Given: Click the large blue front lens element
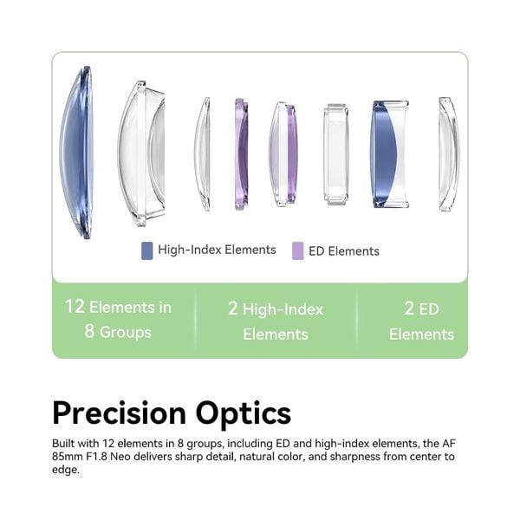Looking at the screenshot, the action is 75,153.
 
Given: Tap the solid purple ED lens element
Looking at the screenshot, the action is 241,154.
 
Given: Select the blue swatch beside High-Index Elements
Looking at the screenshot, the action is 147,250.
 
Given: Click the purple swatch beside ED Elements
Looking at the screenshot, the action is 298,251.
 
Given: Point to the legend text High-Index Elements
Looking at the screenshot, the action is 217,250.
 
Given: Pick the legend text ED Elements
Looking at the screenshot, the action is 344,251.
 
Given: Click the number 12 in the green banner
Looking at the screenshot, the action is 75,307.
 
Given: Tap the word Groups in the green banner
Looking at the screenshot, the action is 126,332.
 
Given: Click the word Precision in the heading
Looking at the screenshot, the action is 120,413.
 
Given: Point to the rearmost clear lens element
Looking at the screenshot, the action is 449,154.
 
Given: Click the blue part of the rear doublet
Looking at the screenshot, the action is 383,154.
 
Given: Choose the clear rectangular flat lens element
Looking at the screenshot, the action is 336,154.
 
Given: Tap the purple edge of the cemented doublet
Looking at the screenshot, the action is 291,154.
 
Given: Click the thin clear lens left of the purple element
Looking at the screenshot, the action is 202,154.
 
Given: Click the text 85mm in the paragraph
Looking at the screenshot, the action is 68,457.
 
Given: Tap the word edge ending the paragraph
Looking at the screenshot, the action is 65,471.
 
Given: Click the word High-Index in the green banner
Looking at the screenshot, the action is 283,309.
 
